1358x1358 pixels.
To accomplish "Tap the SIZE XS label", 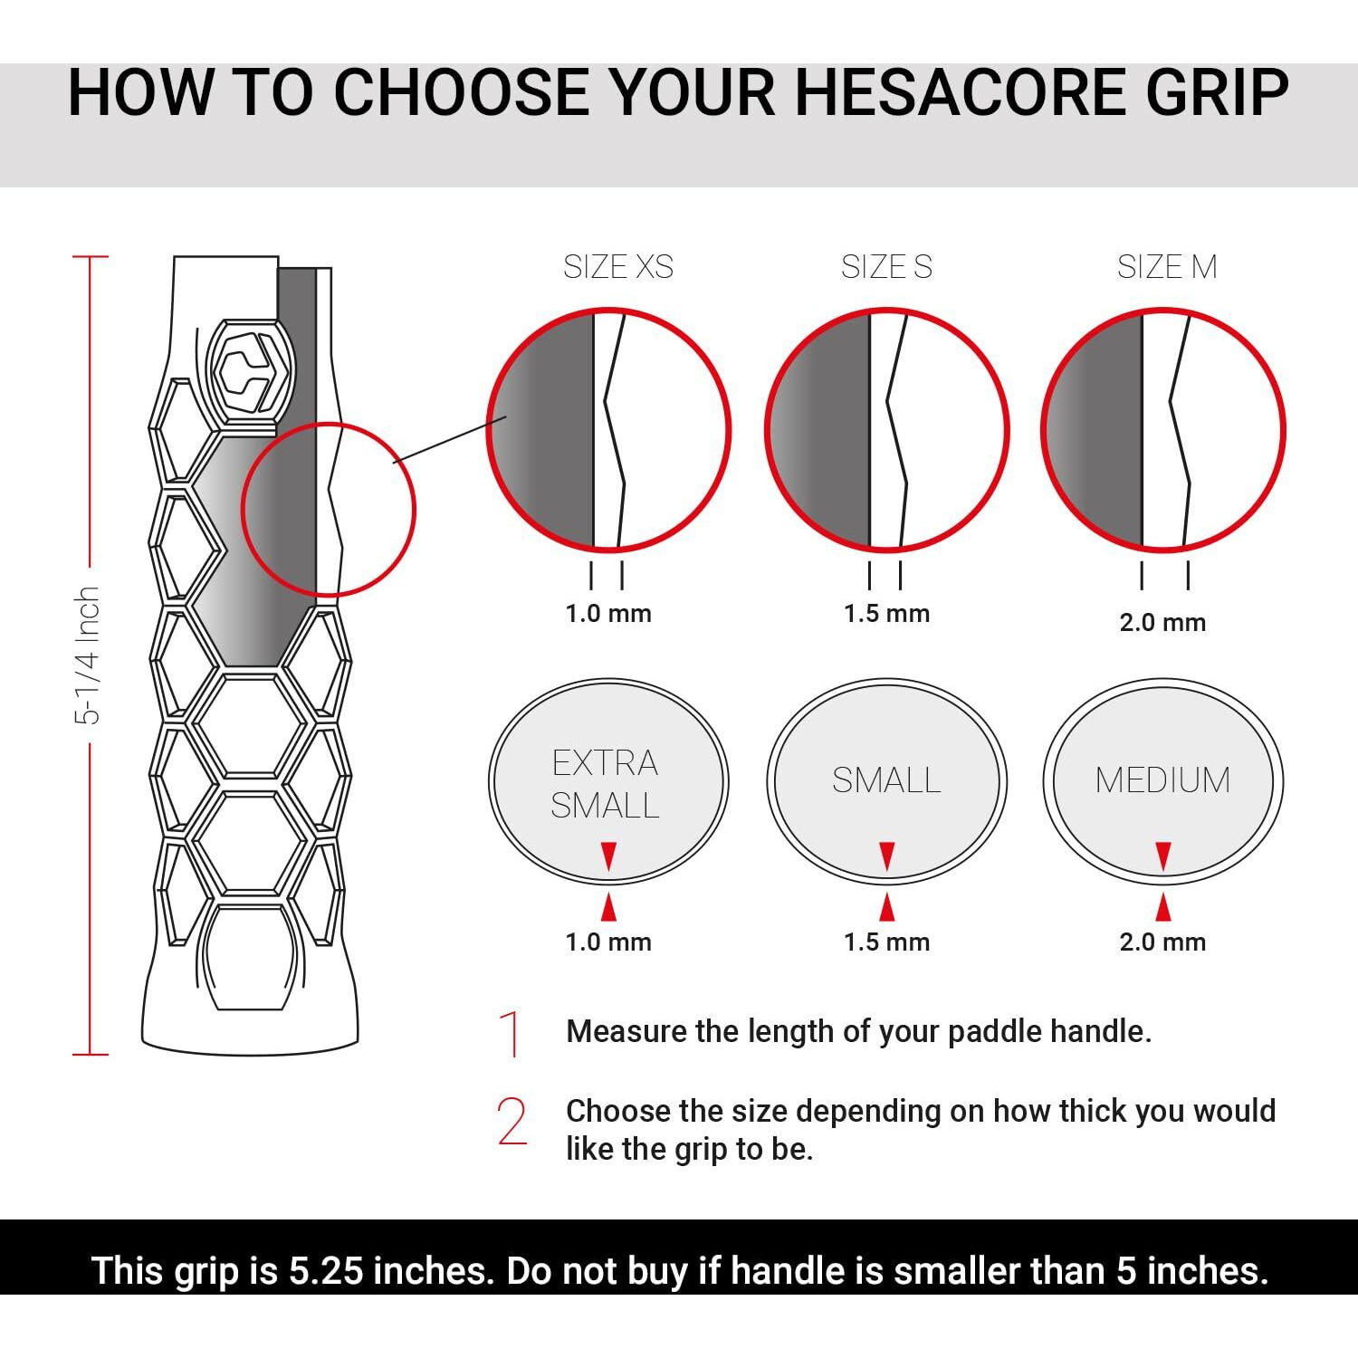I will (618, 267).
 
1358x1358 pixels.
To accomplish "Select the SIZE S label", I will (886, 267).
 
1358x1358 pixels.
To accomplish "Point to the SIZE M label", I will (1166, 267).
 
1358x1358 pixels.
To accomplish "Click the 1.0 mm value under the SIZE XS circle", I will (608, 614).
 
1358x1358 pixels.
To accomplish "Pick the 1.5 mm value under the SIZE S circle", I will (886, 614).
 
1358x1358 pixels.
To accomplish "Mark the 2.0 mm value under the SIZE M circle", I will (1162, 623).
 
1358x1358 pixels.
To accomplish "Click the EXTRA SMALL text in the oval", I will (606, 784).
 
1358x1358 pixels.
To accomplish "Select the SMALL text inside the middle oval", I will (886, 780).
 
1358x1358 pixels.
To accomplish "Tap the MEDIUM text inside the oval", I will (1162, 780).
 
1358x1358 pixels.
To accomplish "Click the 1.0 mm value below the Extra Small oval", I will (608, 942).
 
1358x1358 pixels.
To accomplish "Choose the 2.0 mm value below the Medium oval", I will (1162, 942).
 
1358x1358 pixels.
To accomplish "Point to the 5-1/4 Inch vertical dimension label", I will (87, 655).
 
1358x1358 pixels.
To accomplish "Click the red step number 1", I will (512, 1034).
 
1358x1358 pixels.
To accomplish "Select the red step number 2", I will (512, 1122).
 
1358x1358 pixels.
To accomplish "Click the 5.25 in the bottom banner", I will (326, 1271).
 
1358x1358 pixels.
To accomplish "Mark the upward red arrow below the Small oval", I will (887, 907).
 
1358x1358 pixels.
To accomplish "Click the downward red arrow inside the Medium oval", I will (1163, 856).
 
